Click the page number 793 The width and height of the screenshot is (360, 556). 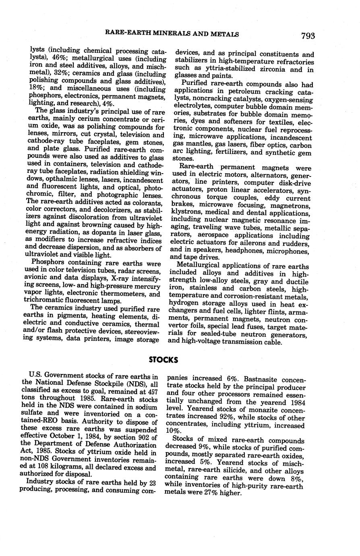(307, 36)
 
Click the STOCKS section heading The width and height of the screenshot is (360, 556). (163, 359)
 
